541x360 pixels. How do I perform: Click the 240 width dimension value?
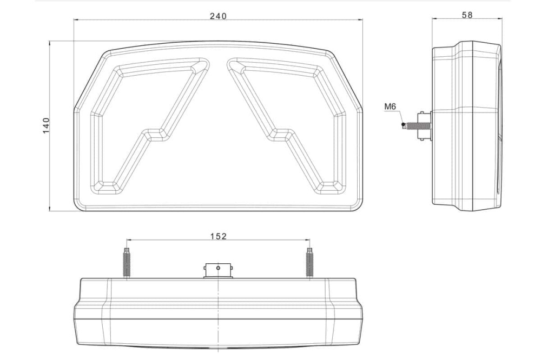pyautogui.click(x=219, y=16)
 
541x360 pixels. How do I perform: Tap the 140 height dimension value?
pyautogui.click(x=46, y=125)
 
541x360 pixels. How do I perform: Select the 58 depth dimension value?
pyautogui.click(x=467, y=15)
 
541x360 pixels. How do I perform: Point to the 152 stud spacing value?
pyautogui.click(x=219, y=236)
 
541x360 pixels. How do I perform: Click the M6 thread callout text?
pyautogui.click(x=390, y=106)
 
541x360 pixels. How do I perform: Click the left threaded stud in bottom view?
pyautogui.click(x=127, y=262)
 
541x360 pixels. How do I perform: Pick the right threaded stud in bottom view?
pyautogui.click(x=309, y=262)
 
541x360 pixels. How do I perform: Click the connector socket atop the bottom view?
pyautogui.click(x=218, y=271)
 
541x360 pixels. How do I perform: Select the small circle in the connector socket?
pyautogui.click(x=218, y=268)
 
